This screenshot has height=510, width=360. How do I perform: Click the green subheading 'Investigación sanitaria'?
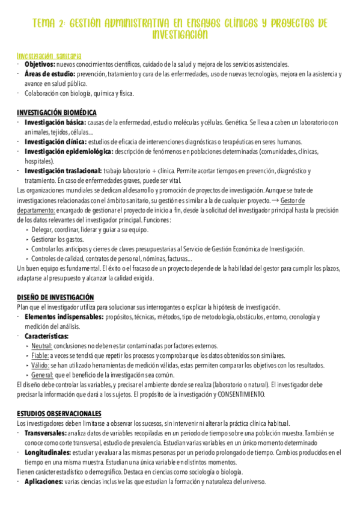49,55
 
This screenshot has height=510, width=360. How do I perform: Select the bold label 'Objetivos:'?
39,64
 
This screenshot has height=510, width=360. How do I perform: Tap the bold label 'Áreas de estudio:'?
50,74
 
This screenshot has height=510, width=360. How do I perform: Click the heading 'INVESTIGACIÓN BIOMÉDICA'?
56,112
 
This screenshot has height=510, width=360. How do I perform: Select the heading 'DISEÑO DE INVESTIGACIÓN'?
55,296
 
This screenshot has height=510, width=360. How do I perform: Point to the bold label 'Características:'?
46,336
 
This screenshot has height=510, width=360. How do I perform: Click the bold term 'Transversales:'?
46,433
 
